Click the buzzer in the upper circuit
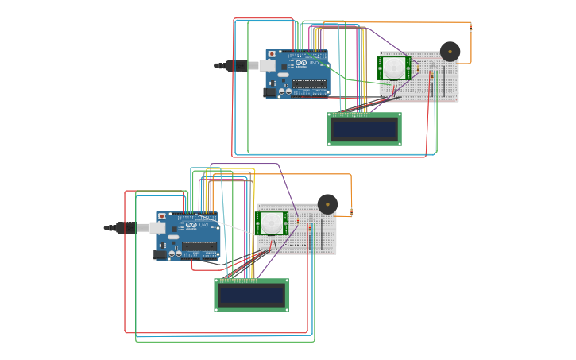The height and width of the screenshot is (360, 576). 450,52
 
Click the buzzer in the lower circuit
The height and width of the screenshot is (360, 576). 327,204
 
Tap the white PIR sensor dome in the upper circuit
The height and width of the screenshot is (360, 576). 394,69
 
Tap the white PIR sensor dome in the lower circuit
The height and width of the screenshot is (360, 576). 272,223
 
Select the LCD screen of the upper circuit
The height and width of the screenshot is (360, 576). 364,129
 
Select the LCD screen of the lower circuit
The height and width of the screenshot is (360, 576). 251,295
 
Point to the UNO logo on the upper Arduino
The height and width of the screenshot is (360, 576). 312,63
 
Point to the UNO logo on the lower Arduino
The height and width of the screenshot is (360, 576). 203,226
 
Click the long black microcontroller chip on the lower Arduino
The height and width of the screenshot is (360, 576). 199,246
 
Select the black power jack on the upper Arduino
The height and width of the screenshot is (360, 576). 270,92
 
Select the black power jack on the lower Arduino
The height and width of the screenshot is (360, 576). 160,255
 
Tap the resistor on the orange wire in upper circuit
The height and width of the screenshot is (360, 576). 470,27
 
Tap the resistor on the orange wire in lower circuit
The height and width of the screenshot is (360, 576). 350,212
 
